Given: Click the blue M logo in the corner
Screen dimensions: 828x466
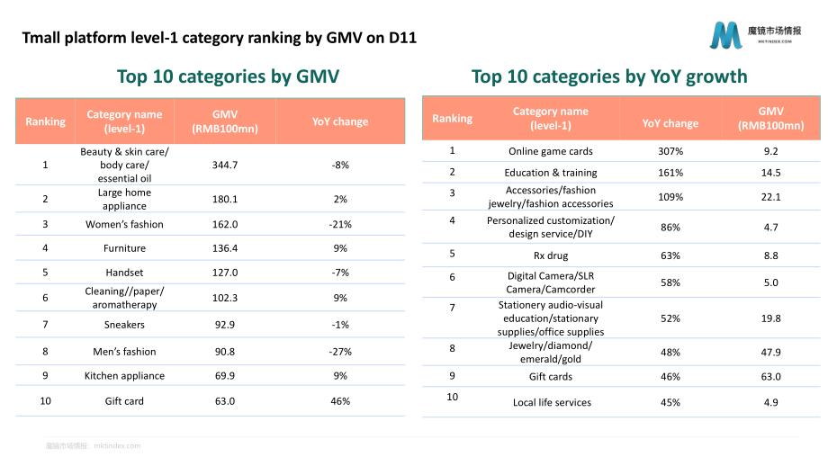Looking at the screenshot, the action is (x=726, y=35).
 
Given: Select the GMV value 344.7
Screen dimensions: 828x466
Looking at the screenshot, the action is (x=225, y=166).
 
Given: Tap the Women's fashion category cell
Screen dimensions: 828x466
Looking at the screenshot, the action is (x=124, y=224).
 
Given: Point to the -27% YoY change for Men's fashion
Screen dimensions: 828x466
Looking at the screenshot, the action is (x=340, y=352).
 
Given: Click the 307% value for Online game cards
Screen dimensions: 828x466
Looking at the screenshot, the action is (x=670, y=151).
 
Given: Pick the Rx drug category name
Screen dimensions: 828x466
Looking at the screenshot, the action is (x=551, y=255).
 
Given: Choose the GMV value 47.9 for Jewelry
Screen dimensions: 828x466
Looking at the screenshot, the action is (x=770, y=352).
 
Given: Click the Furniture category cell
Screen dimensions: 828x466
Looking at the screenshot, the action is (x=124, y=248).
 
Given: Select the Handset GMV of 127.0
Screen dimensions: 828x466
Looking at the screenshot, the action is (x=225, y=273).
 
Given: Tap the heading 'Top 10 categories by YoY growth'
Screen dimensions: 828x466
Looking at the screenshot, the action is (x=609, y=76).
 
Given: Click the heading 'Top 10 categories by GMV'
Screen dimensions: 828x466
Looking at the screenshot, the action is (x=228, y=76).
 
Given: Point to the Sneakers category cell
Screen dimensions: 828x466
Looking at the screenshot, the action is (x=124, y=325).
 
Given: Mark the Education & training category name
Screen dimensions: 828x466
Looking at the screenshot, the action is (x=551, y=173).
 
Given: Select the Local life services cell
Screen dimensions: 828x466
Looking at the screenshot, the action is (x=552, y=403).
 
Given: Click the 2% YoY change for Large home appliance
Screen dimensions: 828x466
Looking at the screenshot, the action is (x=340, y=199).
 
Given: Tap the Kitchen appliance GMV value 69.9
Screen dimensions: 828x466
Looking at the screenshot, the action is (x=225, y=376).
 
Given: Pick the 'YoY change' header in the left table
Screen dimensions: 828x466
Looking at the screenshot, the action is (x=340, y=121).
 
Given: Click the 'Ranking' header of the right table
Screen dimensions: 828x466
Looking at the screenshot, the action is (x=453, y=118).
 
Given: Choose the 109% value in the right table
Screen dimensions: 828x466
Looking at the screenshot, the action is (x=670, y=197).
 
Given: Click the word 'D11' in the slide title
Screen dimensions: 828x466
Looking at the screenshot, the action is (x=402, y=38).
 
